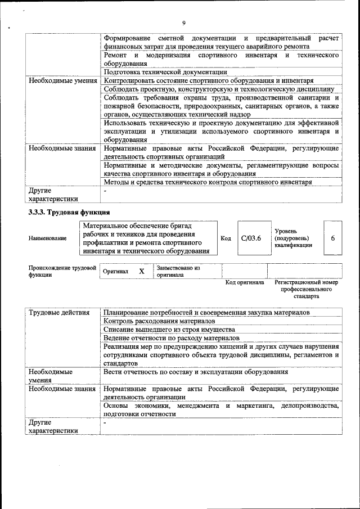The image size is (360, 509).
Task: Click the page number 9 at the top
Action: point(183,23)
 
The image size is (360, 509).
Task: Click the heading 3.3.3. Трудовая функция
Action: point(68,212)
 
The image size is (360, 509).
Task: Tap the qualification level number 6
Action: point(332,238)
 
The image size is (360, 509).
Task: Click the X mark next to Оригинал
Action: point(142,272)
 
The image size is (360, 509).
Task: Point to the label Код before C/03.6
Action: point(226,238)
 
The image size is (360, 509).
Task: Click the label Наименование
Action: point(47,238)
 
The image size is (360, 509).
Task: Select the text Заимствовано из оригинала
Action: point(178,272)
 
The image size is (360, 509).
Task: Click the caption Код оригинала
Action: point(245,282)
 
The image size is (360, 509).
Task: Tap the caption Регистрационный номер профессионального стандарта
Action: point(307,289)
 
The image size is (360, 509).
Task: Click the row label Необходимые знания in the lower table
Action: point(62,389)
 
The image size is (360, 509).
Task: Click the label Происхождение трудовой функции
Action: point(62,272)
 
